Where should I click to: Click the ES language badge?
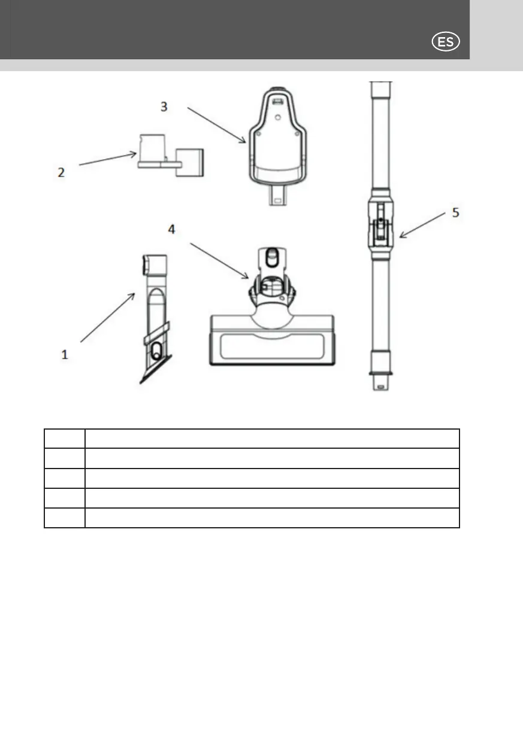pyautogui.click(x=445, y=42)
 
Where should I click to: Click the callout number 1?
pyautogui.click(x=65, y=354)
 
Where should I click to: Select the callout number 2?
pyautogui.click(x=61, y=172)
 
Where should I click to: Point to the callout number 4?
pyautogui.click(x=171, y=230)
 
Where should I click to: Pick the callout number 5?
pyautogui.click(x=455, y=213)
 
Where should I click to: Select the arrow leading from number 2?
pyautogui.click(x=108, y=160)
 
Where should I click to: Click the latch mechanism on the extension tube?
pyautogui.click(x=379, y=230)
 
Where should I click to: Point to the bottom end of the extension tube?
pyautogui.click(x=379, y=380)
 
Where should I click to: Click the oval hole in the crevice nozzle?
pyautogui.click(x=157, y=352)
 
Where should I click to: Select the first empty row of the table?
pyautogui.click(x=252, y=439)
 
